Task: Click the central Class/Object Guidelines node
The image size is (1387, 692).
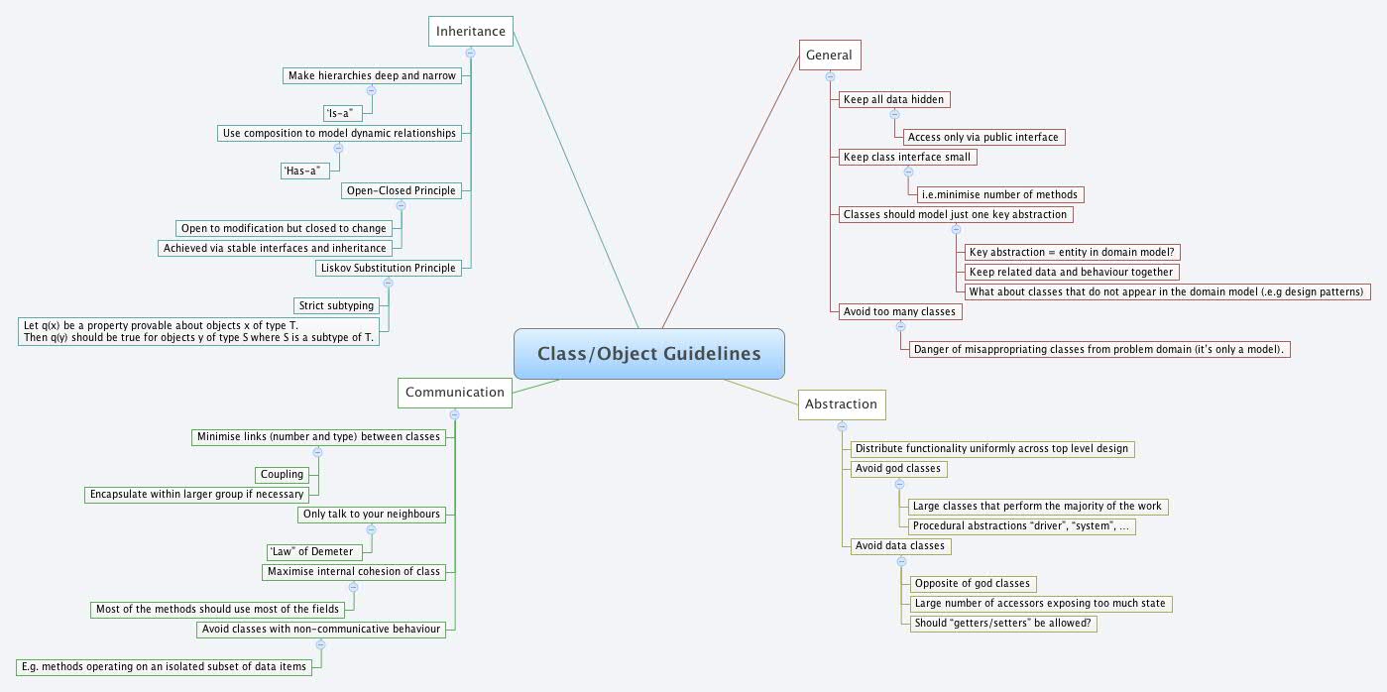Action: click(x=649, y=354)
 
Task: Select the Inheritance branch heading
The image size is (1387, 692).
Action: click(x=471, y=31)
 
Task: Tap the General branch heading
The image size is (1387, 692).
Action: click(x=829, y=56)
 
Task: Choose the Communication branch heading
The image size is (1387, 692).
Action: click(x=455, y=392)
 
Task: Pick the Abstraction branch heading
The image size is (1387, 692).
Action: click(x=841, y=404)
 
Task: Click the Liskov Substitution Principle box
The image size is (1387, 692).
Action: click(x=389, y=268)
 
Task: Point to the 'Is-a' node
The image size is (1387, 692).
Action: click(x=338, y=113)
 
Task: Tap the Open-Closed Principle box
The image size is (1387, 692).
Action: click(x=402, y=189)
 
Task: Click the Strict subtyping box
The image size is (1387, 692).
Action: click(x=335, y=305)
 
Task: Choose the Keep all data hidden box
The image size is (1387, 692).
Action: click(x=892, y=99)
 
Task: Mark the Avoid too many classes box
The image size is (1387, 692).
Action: click(x=899, y=311)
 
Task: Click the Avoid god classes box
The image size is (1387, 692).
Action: click(x=897, y=468)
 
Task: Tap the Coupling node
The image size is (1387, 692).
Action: click(x=283, y=474)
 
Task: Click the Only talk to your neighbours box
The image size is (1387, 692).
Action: click(x=372, y=514)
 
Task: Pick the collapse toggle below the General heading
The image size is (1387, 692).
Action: click(x=830, y=76)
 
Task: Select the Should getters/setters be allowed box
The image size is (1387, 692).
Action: click(x=1004, y=623)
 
